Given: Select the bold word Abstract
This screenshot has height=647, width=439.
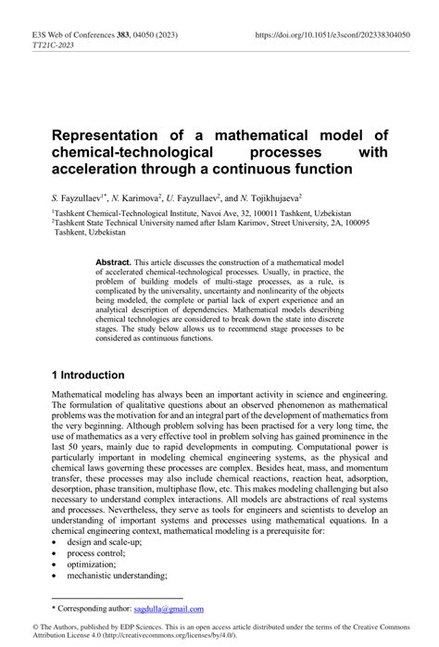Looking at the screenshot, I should click(114, 263).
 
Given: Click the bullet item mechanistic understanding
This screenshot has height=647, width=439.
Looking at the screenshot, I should click(116, 576).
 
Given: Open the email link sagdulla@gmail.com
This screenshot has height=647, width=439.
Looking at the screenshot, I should click(168, 608).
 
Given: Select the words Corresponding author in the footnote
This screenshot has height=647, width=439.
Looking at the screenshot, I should click(97, 608).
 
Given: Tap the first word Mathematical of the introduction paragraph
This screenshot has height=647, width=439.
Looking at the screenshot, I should click(83, 393).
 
